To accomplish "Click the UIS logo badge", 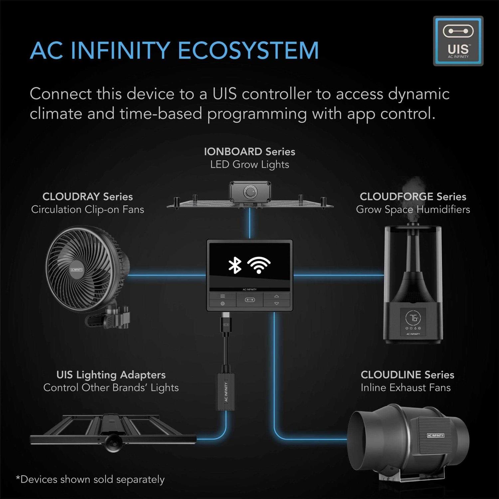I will point(458,41).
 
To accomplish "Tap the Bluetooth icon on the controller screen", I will point(235,265).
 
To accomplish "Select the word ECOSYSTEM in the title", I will point(248,51).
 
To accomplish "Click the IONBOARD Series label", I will point(249,152).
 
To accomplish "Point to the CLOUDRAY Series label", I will point(87,197).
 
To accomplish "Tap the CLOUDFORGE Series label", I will point(413,197).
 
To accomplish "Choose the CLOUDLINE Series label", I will point(407,375).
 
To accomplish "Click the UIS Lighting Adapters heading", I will point(111,375).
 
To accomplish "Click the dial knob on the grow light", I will point(249,192).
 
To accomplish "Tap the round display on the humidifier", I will point(413,318).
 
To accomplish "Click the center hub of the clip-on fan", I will point(77,269).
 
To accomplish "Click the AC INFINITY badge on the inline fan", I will point(435,435).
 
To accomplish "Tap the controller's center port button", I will point(249,300).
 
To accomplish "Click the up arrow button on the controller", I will point(276,296).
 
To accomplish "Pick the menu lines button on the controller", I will point(223,296).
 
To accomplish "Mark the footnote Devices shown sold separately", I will point(90,479).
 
